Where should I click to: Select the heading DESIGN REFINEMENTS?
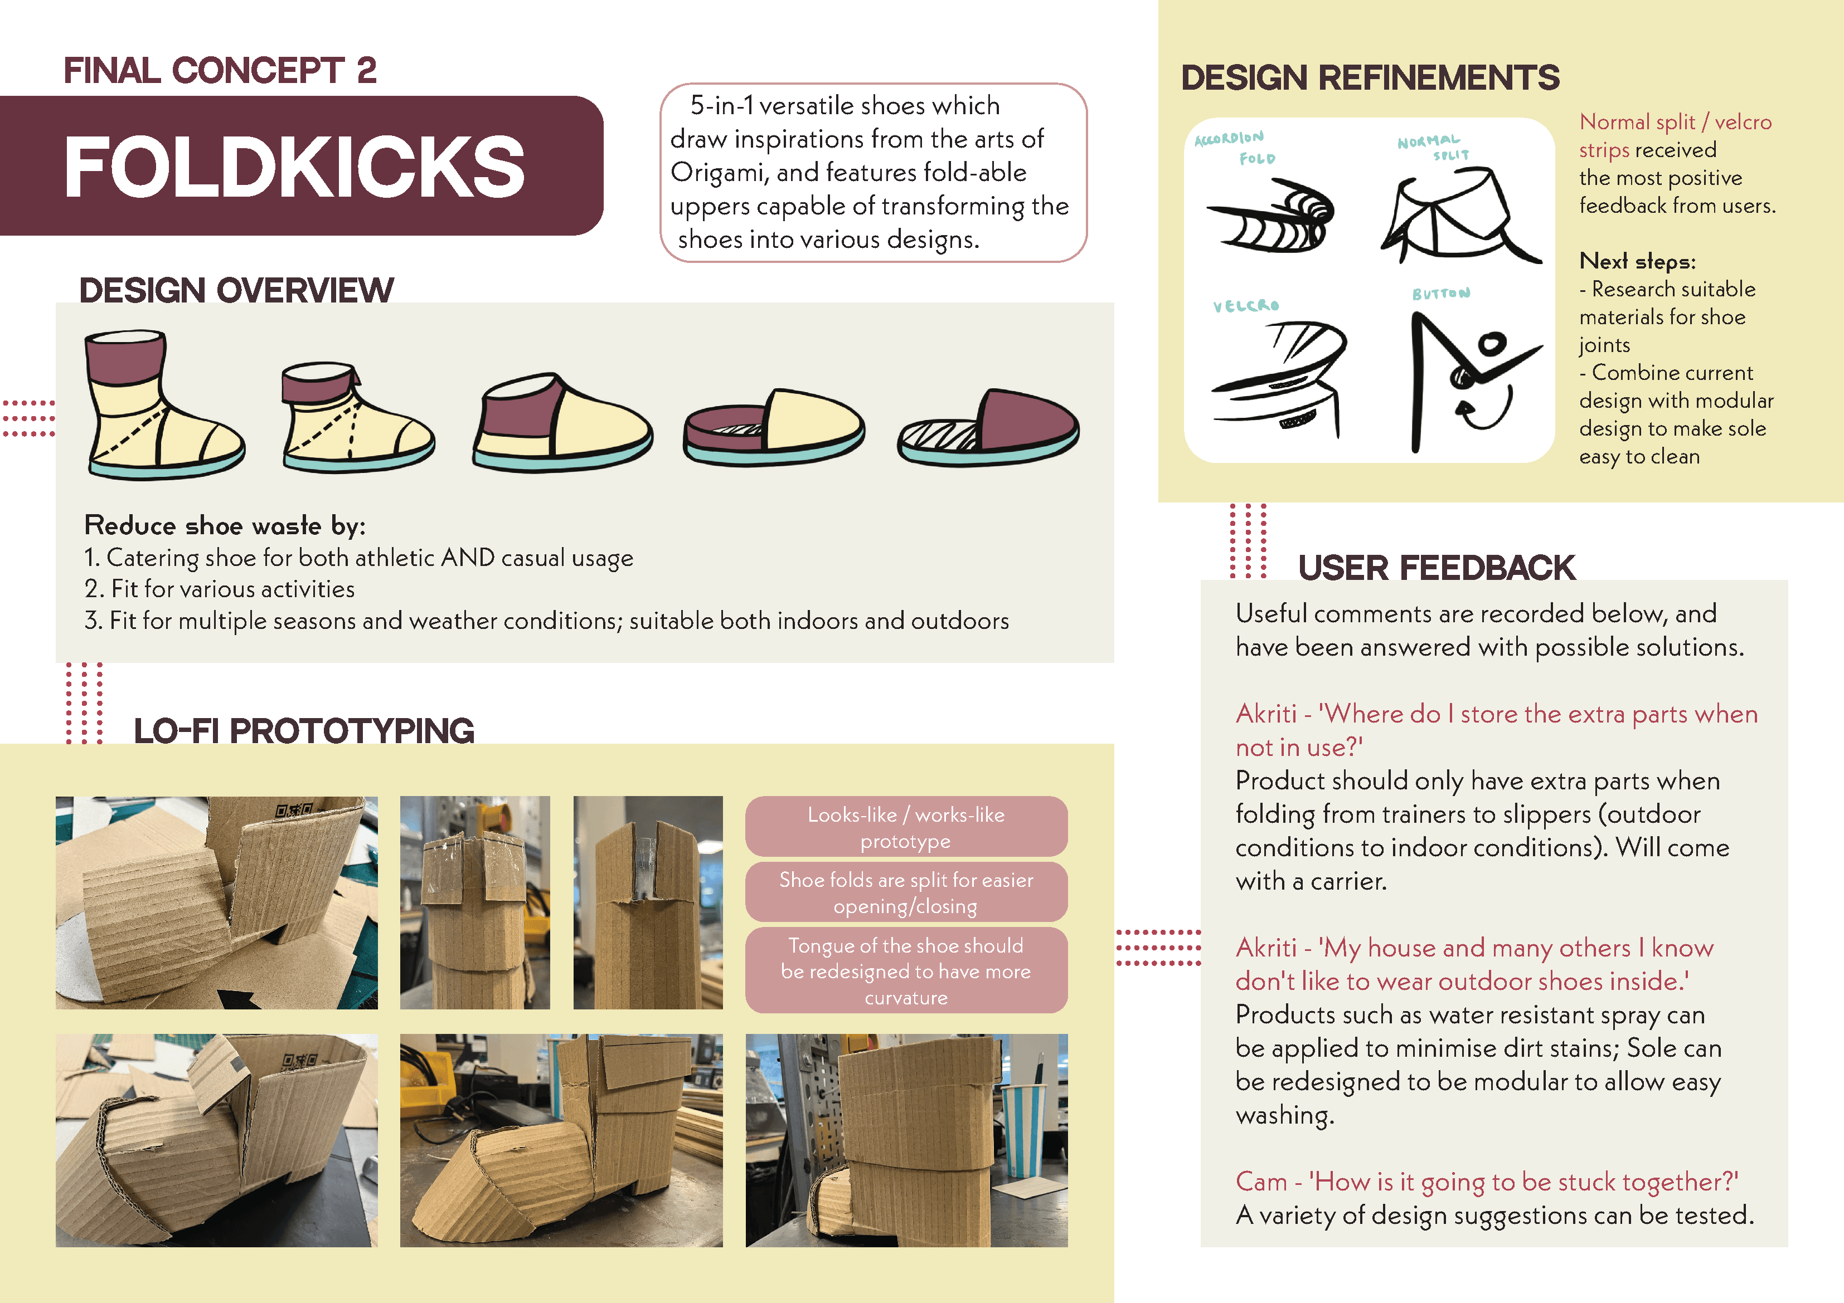click(1370, 78)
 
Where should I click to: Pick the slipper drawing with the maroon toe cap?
click(988, 428)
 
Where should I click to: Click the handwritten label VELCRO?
click(1246, 306)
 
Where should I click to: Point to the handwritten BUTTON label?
click(1442, 294)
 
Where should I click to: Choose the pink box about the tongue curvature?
click(906, 970)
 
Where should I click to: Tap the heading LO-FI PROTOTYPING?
click(304, 730)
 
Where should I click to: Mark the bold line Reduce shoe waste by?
click(225, 525)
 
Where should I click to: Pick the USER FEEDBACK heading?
click(1436, 568)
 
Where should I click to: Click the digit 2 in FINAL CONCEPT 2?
click(367, 71)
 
